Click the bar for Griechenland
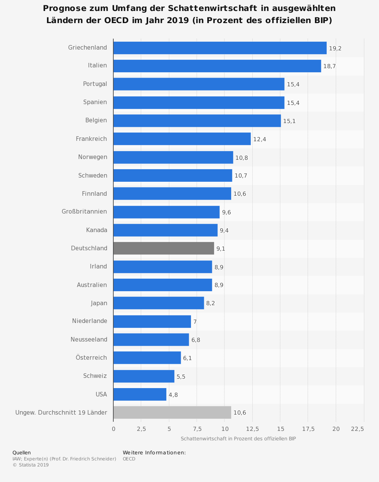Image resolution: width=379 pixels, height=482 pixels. point(220,48)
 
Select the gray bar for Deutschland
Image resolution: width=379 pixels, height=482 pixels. point(164,248)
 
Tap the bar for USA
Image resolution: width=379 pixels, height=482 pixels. point(140,394)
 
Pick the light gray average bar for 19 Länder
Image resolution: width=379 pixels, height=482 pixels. point(172,412)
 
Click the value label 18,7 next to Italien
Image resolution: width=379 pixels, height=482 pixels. point(329,66)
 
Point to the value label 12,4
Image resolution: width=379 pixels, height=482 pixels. point(260,139)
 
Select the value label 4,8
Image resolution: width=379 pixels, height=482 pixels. point(173,395)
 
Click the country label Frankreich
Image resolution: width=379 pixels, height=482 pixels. point(91,139)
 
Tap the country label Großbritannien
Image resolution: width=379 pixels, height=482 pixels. point(84,212)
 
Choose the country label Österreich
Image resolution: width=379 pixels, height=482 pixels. point(91,357)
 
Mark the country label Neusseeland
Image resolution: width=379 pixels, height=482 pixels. point(89,339)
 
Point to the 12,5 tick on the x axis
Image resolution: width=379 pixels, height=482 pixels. point(252,429)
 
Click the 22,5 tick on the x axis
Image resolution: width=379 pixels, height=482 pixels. point(357,429)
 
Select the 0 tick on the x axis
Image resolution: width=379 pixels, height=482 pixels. point(113,429)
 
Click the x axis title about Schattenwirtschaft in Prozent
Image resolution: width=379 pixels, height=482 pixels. point(238,438)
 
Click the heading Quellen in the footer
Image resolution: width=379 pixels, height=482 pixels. point(22,452)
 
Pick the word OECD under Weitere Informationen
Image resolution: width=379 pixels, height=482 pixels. point(129,459)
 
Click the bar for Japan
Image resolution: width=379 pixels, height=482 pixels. point(158,303)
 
